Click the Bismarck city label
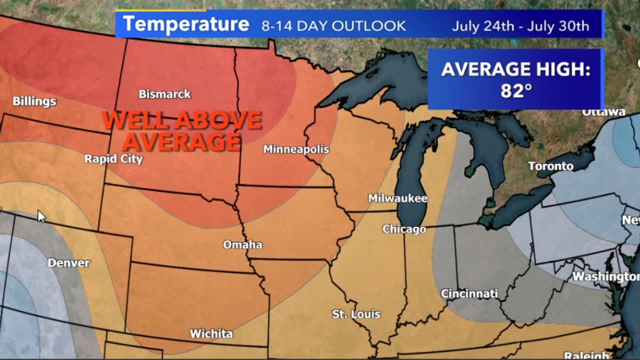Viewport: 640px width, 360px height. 164,94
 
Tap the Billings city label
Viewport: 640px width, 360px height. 34,101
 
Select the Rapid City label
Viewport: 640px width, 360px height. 113,159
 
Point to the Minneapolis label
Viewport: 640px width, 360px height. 296,149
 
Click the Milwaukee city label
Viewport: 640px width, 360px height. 397,198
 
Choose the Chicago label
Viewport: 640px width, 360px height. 404,229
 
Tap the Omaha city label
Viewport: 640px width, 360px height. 242,244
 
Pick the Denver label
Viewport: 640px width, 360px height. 68,263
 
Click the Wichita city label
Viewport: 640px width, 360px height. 211,333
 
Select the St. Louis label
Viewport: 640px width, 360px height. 356,314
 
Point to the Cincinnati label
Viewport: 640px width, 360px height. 469,293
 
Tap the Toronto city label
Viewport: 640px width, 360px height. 550,166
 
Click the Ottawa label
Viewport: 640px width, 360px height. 603,112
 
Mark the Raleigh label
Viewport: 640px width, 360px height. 586,355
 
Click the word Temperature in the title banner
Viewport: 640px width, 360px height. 186,24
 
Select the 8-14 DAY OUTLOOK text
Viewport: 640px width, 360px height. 333,26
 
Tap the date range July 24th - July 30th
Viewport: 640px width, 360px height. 520,26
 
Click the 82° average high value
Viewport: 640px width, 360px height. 515,90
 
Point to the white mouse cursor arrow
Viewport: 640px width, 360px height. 41,216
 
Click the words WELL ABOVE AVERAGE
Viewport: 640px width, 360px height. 182,130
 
